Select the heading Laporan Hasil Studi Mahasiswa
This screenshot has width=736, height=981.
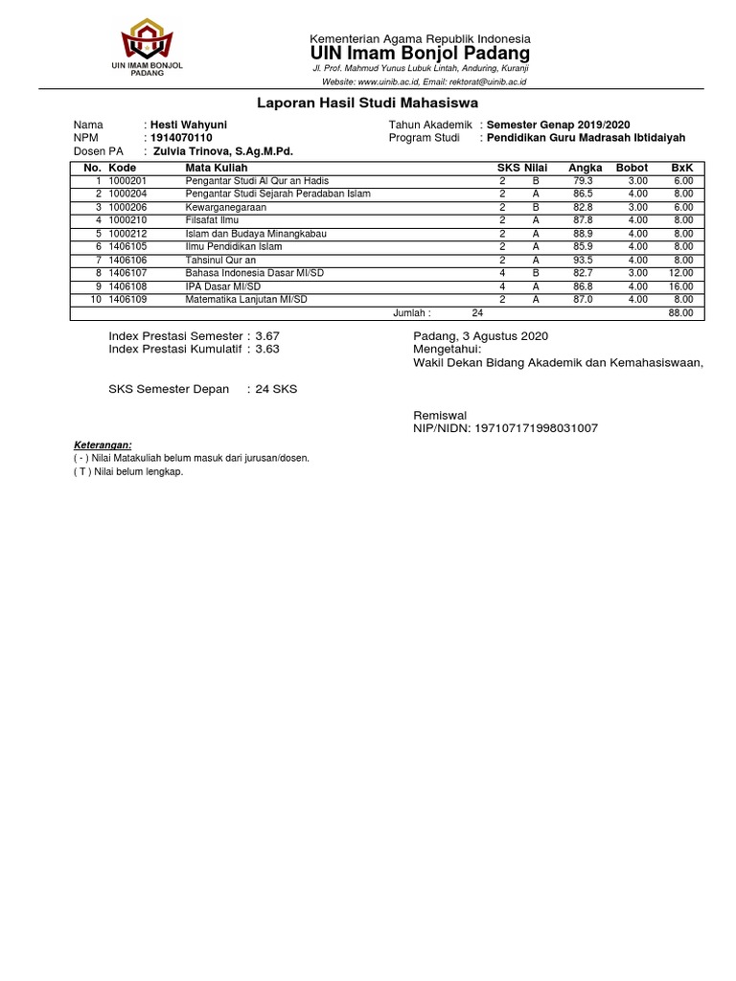pyautogui.click(x=367, y=103)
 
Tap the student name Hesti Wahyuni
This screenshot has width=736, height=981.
pyautogui.click(x=189, y=125)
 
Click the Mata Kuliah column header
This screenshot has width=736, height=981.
pyautogui.click(x=216, y=168)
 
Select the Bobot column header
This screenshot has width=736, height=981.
pyautogui.click(x=632, y=168)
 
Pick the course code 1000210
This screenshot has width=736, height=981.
pyautogui.click(x=127, y=219)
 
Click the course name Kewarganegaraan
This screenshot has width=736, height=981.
pyautogui.click(x=226, y=207)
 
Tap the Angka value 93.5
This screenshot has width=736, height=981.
pyautogui.click(x=583, y=260)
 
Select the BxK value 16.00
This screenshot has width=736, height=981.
pyautogui.click(x=681, y=285)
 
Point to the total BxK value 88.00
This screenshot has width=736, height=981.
pyautogui.click(x=681, y=312)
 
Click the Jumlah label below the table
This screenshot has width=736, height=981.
pyautogui.click(x=412, y=312)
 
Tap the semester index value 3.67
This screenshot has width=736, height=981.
pyautogui.click(x=267, y=336)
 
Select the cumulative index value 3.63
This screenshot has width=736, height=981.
pyautogui.click(x=267, y=350)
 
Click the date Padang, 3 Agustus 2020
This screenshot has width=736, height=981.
pyautogui.click(x=480, y=336)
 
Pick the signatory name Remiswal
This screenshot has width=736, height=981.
pyautogui.click(x=440, y=415)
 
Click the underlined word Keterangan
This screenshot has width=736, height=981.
pyautogui.click(x=103, y=445)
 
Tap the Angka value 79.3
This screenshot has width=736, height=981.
pyautogui.click(x=583, y=180)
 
